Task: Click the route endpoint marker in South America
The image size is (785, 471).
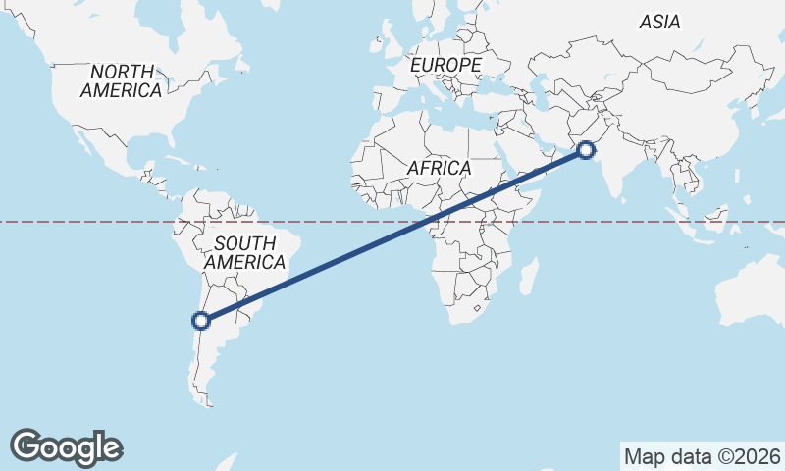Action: tap(201, 320)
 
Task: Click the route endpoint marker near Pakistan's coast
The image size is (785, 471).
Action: tap(586, 150)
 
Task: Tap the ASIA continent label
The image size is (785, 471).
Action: tap(660, 22)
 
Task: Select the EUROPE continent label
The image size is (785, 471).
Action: tap(446, 65)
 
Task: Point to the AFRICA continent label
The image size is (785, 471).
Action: tap(439, 168)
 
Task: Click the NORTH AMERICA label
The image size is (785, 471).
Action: tap(122, 80)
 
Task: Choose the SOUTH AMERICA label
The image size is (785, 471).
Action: tap(244, 253)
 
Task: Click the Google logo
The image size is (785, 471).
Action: tap(67, 446)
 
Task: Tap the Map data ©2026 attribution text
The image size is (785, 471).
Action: tap(703, 456)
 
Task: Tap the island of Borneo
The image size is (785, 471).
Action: tap(709, 215)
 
